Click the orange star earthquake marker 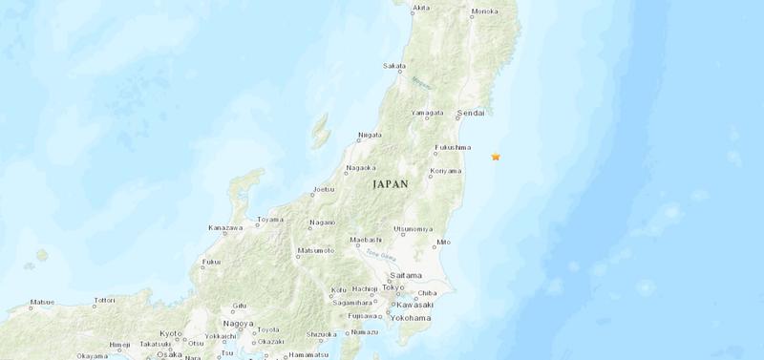point(496,156)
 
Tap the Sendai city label point(472,113)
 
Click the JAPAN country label point(390,183)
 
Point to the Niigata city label point(370,135)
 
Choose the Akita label point(420,9)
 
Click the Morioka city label point(485,12)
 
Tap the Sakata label point(393,66)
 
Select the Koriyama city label point(446,171)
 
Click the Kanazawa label point(225,227)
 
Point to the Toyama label point(270,219)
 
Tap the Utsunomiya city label point(414,228)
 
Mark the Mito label point(443,242)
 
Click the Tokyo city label point(393,286)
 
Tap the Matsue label point(42,302)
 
